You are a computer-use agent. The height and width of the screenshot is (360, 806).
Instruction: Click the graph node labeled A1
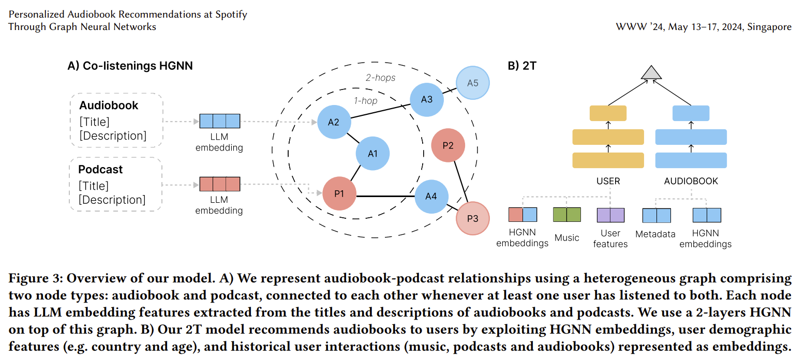point(372,154)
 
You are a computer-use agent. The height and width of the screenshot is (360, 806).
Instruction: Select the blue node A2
point(334,122)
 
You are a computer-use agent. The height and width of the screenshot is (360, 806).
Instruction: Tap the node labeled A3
point(427,99)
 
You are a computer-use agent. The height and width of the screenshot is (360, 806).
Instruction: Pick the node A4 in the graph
point(431,197)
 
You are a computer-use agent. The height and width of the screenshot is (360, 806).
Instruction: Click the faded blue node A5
point(473,83)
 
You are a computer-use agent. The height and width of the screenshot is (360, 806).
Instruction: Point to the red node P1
point(339,193)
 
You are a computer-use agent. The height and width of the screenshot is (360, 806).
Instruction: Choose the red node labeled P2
point(448,145)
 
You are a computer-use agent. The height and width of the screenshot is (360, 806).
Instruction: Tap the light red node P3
point(472,218)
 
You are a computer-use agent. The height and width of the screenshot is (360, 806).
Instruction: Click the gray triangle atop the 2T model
point(651,73)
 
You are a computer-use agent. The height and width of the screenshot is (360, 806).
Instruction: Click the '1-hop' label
point(366,101)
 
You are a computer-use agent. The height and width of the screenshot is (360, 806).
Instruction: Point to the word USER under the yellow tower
point(608,181)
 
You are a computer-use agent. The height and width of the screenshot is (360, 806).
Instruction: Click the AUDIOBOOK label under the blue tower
point(691,181)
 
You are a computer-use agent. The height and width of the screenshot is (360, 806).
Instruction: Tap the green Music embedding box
point(567,215)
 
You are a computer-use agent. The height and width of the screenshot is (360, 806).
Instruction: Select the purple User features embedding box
point(610,215)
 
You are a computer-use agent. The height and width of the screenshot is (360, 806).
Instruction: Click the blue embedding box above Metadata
point(656,215)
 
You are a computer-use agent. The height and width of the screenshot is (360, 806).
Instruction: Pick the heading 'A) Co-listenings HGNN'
point(130,66)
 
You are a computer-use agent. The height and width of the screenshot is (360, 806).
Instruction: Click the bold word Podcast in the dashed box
point(101,170)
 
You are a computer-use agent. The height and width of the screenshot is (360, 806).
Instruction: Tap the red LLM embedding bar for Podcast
point(220,185)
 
